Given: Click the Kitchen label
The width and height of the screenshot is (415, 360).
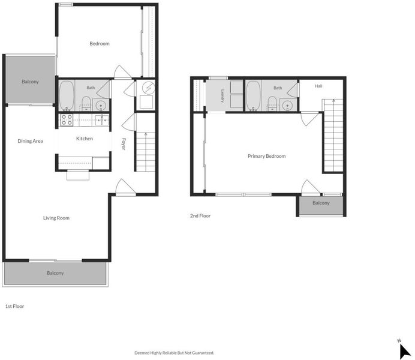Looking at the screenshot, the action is (x=85, y=139).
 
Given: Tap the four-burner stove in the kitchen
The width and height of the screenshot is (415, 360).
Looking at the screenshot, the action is (x=67, y=120).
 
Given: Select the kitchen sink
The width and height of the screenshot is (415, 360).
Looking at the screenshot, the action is (x=101, y=120).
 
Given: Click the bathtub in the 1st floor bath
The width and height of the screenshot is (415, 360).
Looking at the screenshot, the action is (x=66, y=95).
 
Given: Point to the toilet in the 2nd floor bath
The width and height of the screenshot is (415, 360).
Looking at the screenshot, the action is (x=272, y=103).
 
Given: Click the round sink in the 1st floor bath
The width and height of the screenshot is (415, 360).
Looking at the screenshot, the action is (x=101, y=106).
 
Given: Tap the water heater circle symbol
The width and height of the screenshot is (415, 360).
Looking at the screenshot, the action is (x=148, y=88).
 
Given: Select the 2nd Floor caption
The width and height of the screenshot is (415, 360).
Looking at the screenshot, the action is (x=200, y=216).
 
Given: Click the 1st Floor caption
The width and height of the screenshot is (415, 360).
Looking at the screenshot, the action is (x=14, y=306).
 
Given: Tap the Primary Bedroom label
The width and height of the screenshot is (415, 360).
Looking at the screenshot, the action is (x=266, y=156).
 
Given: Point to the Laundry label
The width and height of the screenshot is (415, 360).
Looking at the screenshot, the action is (x=222, y=96).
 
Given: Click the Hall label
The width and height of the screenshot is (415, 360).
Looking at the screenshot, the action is (x=318, y=86).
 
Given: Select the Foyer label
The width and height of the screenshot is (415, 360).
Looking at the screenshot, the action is (x=124, y=144).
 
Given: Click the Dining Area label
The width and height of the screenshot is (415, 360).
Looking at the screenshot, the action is (x=30, y=141).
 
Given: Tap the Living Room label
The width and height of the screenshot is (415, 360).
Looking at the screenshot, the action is (x=56, y=218).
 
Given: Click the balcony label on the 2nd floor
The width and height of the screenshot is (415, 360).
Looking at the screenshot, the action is (x=321, y=203).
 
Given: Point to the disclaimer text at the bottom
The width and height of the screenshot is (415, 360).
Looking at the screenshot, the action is (x=174, y=353).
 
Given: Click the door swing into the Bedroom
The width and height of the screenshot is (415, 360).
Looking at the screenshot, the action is (x=122, y=72).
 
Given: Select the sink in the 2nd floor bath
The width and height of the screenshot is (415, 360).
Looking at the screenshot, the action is (x=287, y=106).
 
